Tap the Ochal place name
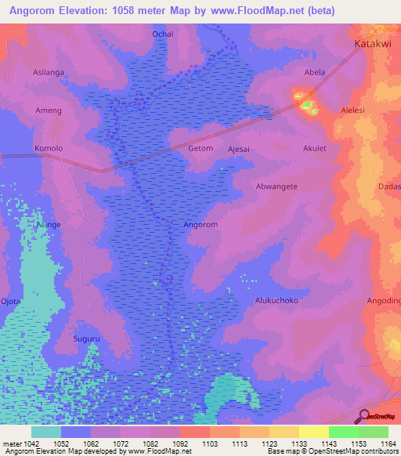pyautogui.click(x=162, y=34)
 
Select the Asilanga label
pyautogui.click(x=49, y=72)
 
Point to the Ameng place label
pyautogui.click(x=48, y=110)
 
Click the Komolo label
pyautogui.click(x=48, y=148)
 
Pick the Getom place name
pyautogui.click(x=200, y=148)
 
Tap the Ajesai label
pyautogui.click(x=240, y=148)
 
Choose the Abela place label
pyautogui.click(x=315, y=72)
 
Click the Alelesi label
pyautogui.click(x=352, y=110)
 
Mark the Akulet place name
pyautogui.click(x=315, y=148)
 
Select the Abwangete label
pyautogui.click(x=276, y=186)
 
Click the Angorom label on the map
pyautogui.click(x=200, y=224)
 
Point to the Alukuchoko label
pyautogui.click(x=276, y=300)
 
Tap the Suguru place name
pyautogui.click(x=86, y=338)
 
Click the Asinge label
pyautogui.click(x=48, y=224)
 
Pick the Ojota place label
pyautogui.click(x=10, y=300)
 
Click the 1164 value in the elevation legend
pyautogui.click(x=388, y=444)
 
